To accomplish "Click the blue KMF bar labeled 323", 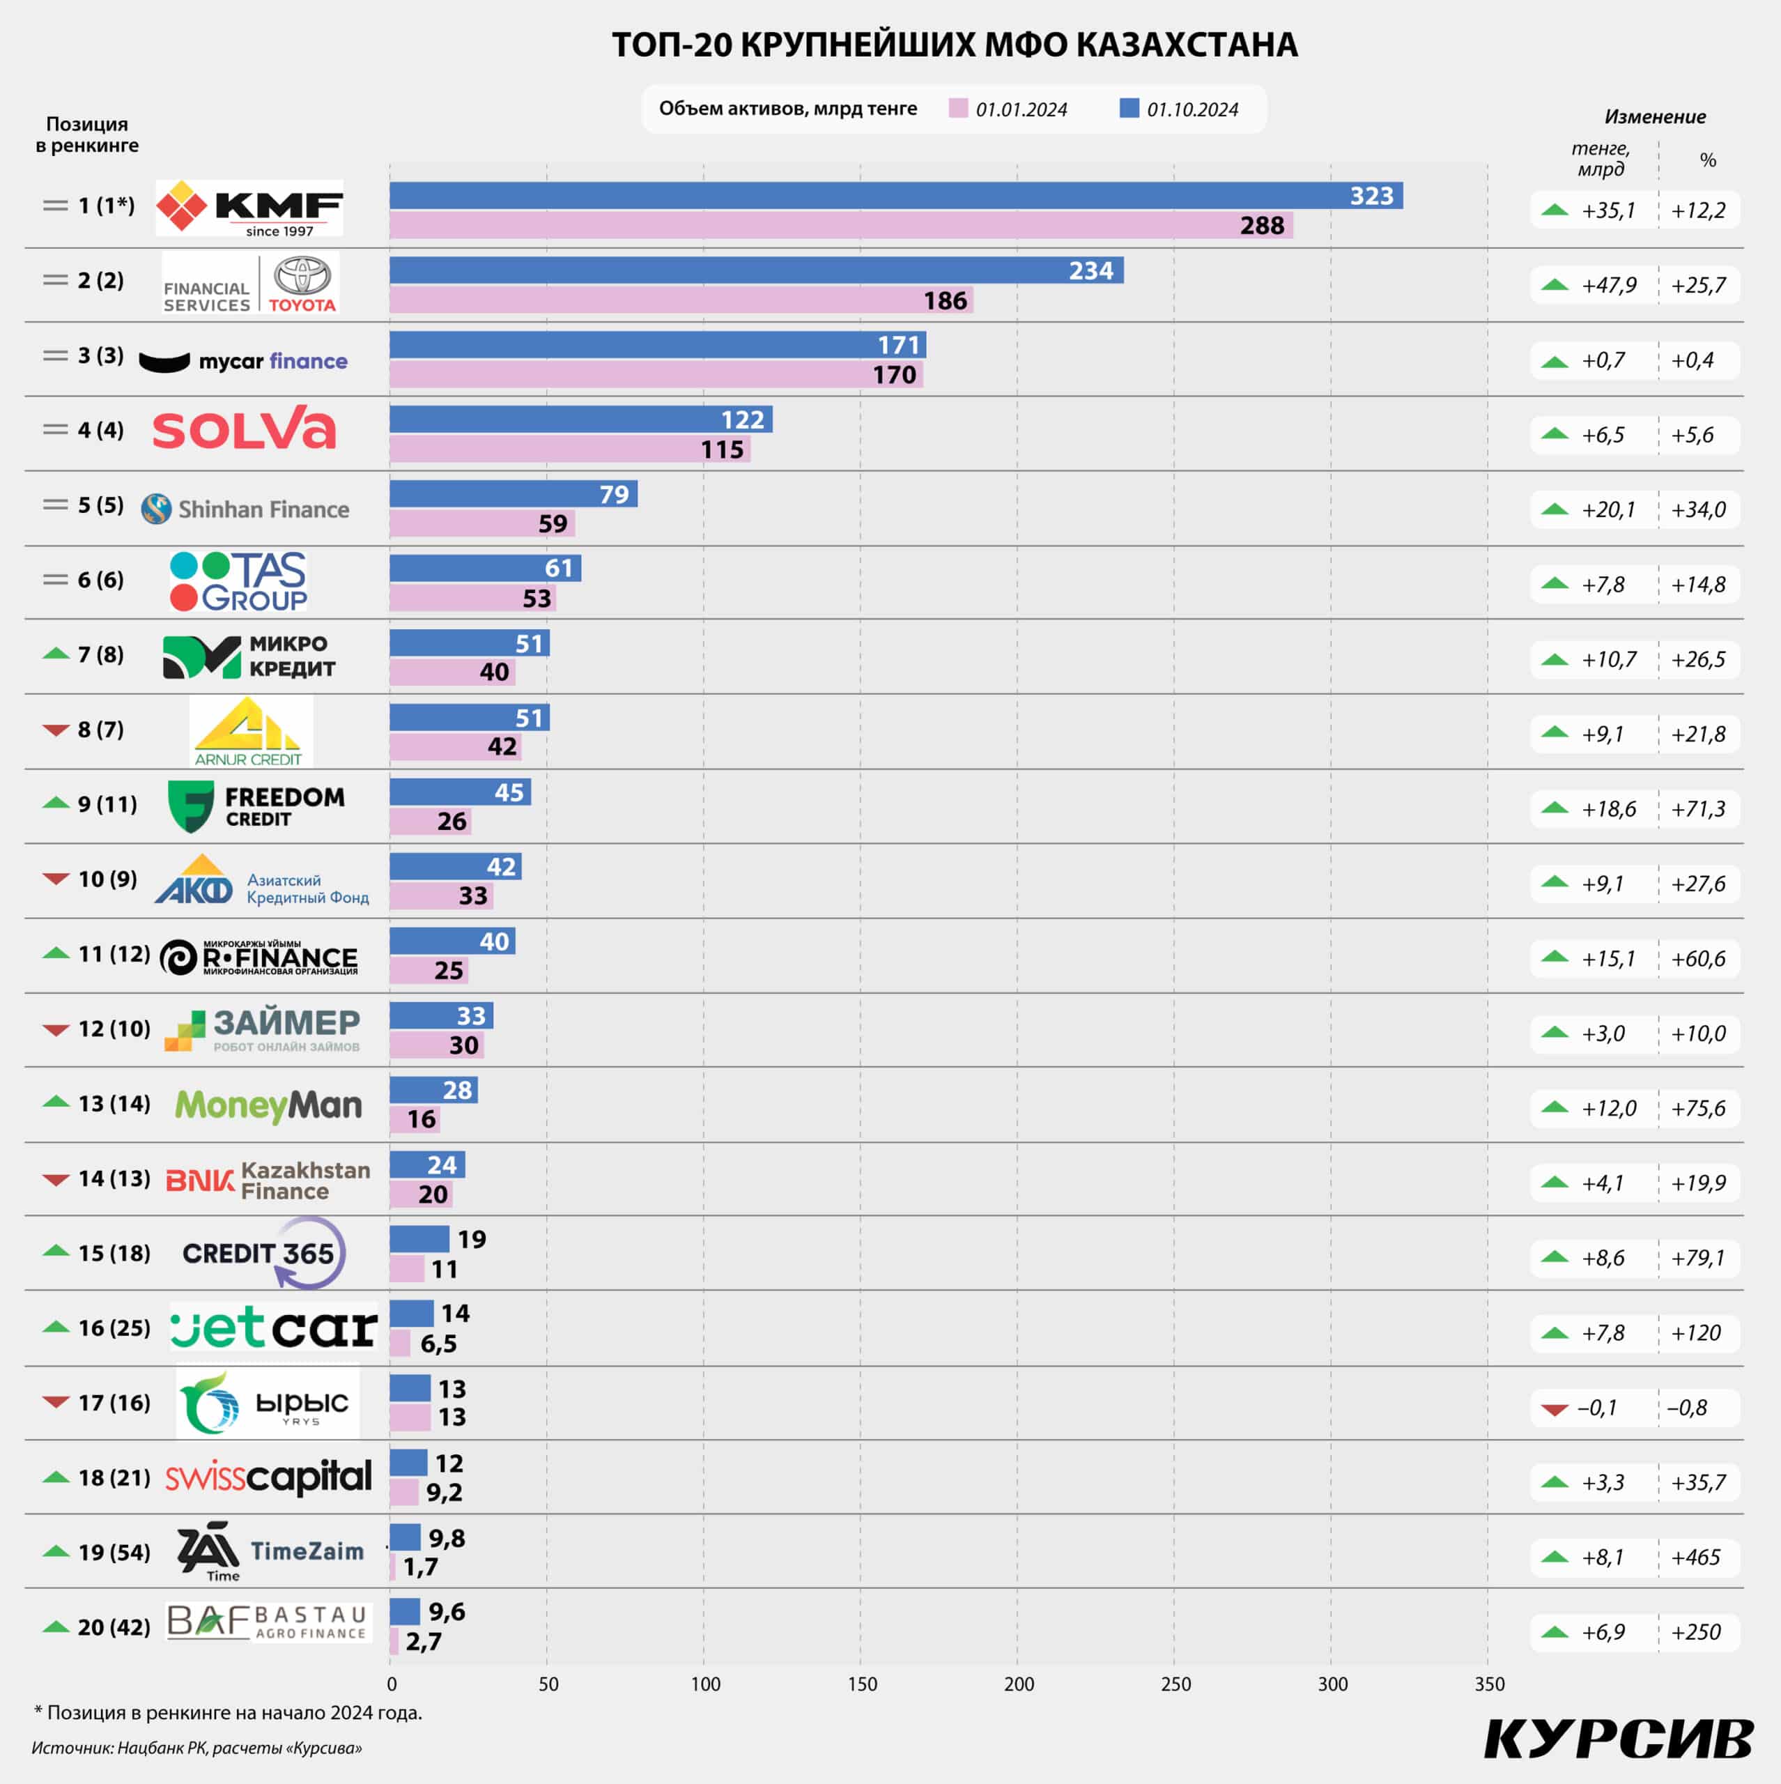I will click(895, 196).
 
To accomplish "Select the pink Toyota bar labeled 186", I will click(681, 300).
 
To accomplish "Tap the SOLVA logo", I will click(244, 429).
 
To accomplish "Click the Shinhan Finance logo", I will click(245, 509).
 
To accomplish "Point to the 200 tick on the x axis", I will click(1019, 1684).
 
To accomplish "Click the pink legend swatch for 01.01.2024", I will click(958, 109).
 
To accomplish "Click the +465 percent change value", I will click(1696, 1557).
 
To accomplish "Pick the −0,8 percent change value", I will click(1687, 1407).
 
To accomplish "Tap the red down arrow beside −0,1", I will click(1555, 1409).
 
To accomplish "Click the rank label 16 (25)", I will click(114, 1328).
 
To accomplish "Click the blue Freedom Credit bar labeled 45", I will click(460, 792).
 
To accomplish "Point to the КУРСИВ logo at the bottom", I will click(1619, 1739).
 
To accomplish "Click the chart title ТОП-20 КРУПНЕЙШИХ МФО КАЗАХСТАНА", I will click(955, 45).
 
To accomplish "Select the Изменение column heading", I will click(1654, 117).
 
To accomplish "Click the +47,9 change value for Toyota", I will click(1608, 285).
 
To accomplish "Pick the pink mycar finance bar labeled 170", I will click(656, 375).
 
